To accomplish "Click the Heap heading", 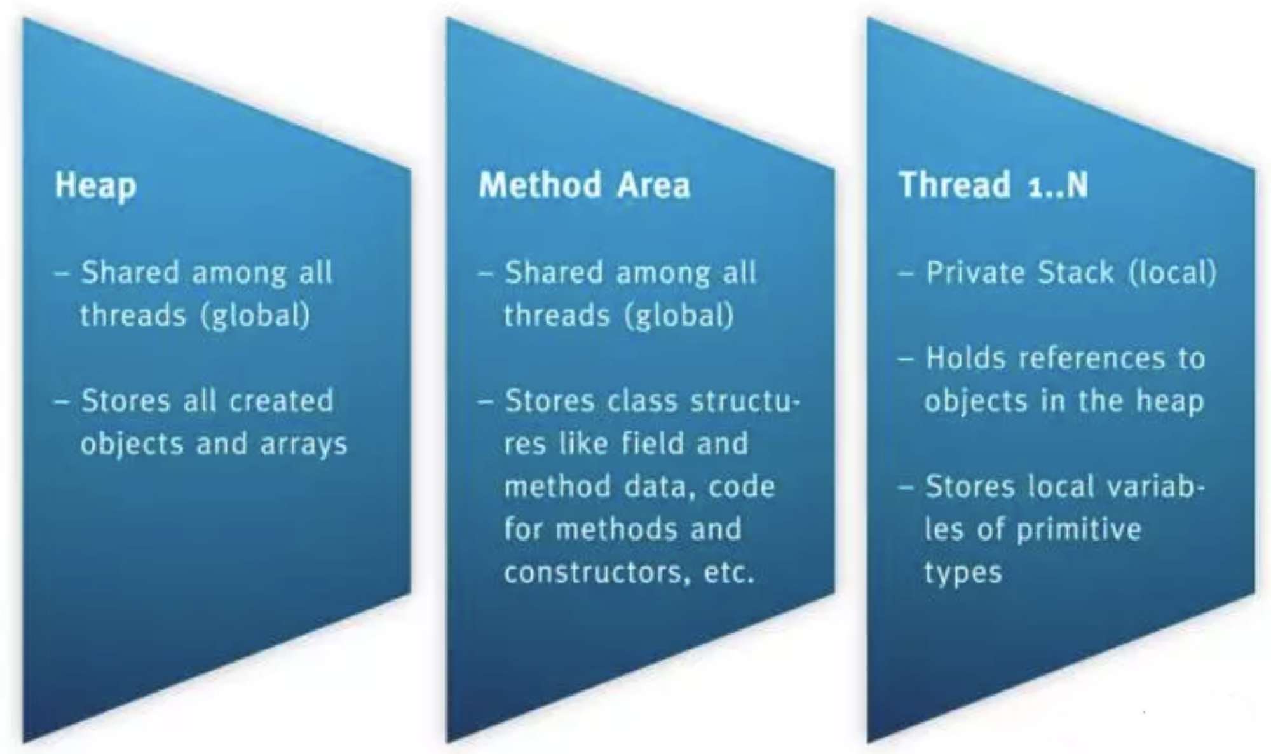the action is [96, 186].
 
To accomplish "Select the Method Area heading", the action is [585, 185].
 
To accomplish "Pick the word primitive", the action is [1078, 530].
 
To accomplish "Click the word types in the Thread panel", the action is [963, 573].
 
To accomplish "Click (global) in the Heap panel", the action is [255, 315].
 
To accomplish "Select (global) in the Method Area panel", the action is [679, 315].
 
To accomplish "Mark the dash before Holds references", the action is [905, 359].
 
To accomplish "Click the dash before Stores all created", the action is [62, 401].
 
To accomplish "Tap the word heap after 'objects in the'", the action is [1170, 401].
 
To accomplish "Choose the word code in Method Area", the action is [742, 487].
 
